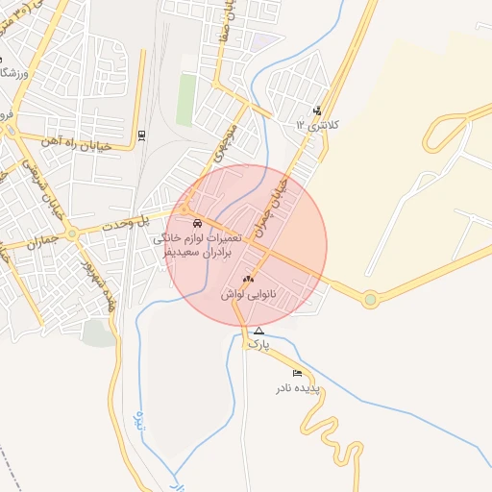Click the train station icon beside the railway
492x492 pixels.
click(143, 135)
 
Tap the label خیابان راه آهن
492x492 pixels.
click(78, 145)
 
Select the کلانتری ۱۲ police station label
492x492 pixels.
click(320, 125)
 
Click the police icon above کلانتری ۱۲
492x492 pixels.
click(318, 111)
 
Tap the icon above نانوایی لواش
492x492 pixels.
click(248, 279)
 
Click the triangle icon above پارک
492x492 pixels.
click(258, 331)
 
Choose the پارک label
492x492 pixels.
click(258, 343)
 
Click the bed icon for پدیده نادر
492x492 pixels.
click(297, 373)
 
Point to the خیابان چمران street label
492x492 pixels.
click(273, 205)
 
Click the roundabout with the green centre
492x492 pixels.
click(370, 300)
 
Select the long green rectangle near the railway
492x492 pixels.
click(185, 100)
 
